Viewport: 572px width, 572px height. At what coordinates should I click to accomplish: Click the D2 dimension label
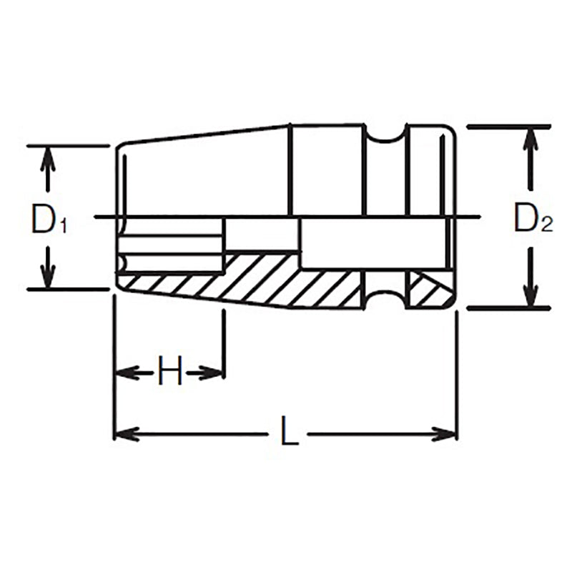pos(533,220)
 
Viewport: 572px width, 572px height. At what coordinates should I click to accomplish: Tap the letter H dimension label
pos(170,372)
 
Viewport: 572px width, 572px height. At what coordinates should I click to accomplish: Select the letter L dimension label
pos(288,434)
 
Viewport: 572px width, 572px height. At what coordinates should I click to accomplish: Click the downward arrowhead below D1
pos(48,277)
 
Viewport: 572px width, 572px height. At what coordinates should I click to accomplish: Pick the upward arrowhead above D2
pos(530,140)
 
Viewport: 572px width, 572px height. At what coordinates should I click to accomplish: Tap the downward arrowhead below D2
pos(530,295)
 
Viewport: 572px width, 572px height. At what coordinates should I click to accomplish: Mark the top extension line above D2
pos(508,127)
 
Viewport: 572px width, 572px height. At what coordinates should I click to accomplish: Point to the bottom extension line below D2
pos(508,308)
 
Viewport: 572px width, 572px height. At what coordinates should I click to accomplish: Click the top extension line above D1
pos(68,146)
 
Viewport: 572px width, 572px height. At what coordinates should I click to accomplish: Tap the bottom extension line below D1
pos(68,289)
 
